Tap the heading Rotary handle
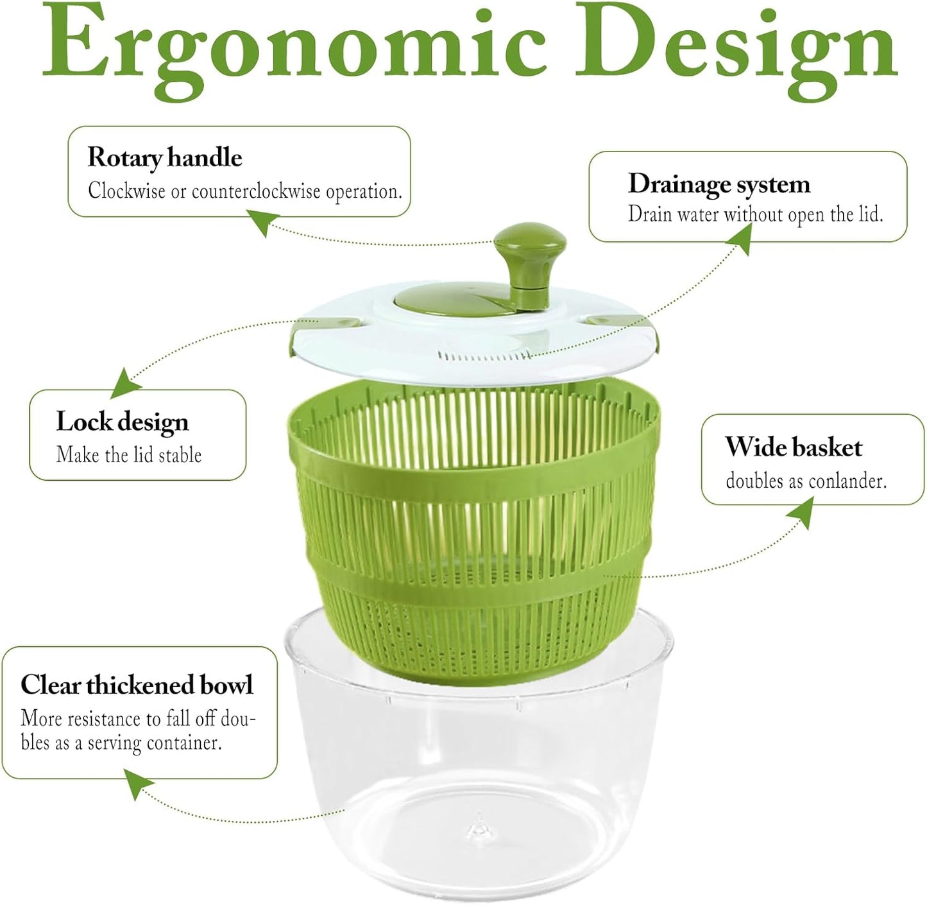(x=165, y=157)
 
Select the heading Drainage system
(x=719, y=184)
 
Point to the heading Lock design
(x=122, y=422)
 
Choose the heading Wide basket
(x=794, y=447)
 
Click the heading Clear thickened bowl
(x=137, y=685)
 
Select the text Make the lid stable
(x=128, y=455)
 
